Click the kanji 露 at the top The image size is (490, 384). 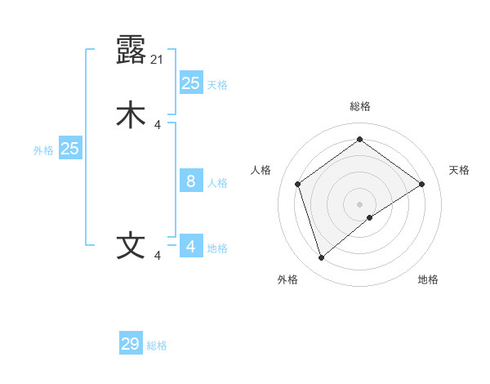[x=131, y=51]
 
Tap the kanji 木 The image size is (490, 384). [x=131, y=114]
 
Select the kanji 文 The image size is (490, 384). [x=131, y=246]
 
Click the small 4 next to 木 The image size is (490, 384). [x=158, y=124]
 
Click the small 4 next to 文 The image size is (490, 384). [x=158, y=256]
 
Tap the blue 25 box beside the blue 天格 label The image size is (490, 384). [x=190, y=83]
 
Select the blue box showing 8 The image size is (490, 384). [x=190, y=181]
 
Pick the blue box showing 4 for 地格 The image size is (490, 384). [x=190, y=246]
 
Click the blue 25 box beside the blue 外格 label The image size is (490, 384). [x=70, y=149]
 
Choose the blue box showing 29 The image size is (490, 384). [x=131, y=344]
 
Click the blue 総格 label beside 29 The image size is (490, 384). [x=157, y=346]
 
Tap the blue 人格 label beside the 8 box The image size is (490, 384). [x=217, y=183]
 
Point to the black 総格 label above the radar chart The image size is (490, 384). [x=359, y=106]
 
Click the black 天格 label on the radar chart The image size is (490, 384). [x=459, y=170]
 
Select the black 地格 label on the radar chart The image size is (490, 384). [x=428, y=279]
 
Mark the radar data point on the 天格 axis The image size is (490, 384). [x=421, y=184]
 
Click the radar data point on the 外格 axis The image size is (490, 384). [x=321, y=258]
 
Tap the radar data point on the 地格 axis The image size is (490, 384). [x=370, y=217]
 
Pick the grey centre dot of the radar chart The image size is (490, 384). [x=359, y=203]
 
